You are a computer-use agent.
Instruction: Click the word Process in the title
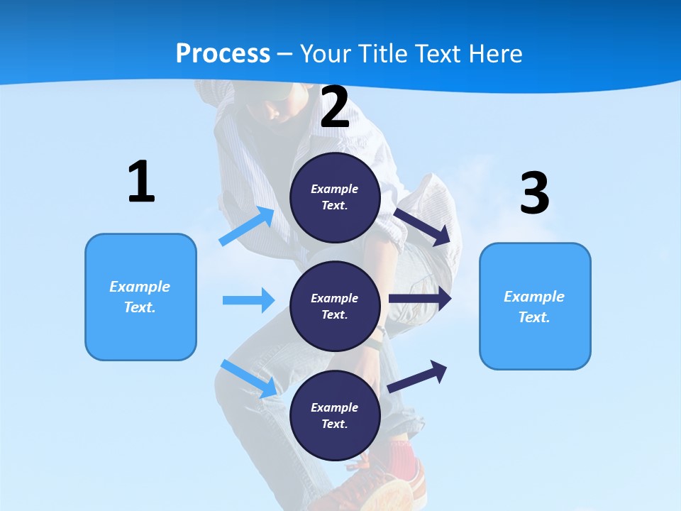[223, 54]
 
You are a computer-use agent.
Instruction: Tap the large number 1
[141, 182]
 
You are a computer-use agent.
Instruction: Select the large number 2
[335, 108]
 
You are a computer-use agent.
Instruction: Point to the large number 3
[535, 194]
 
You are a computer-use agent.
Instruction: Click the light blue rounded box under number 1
[140, 297]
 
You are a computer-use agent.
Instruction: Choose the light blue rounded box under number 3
[535, 307]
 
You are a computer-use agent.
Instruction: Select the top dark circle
[336, 197]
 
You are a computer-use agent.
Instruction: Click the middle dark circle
[336, 307]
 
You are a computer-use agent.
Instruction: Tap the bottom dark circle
[336, 416]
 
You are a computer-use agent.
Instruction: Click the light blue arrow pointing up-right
[247, 227]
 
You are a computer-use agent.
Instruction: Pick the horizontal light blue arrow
[248, 300]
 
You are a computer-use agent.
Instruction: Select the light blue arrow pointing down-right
[249, 378]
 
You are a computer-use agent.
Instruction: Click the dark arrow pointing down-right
[423, 227]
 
